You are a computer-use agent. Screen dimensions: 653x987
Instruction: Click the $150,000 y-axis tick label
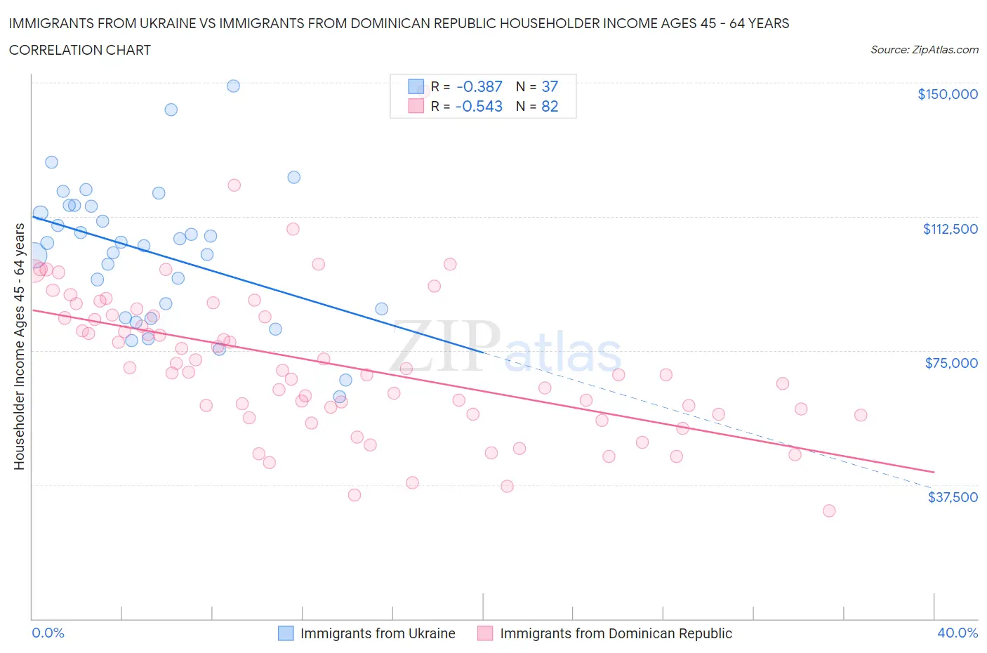tap(947, 94)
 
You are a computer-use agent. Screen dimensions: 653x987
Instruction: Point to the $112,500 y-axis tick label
tap(950, 229)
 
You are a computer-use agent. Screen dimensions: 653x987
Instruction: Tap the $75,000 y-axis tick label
tap(950, 363)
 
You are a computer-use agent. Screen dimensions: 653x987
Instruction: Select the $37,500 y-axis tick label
tap(952, 497)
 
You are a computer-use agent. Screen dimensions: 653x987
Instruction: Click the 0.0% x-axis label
tap(48, 633)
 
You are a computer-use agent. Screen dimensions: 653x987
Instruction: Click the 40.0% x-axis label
tap(958, 633)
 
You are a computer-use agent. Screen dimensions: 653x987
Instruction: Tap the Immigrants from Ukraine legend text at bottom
tap(378, 633)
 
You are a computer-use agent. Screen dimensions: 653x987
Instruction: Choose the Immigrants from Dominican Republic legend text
tap(616, 633)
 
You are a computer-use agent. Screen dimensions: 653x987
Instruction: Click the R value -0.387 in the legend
tap(479, 86)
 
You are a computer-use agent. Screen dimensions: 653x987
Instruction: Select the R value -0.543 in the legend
tap(479, 106)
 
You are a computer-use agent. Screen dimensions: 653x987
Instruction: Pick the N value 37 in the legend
tap(550, 86)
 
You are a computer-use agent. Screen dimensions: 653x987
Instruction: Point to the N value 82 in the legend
tap(550, 106)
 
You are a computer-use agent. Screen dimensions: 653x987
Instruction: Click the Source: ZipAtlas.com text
tap(924, 50)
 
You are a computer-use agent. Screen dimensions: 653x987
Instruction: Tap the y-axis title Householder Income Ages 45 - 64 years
tap(19, 346)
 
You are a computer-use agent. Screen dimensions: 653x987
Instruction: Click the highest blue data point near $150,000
tap(233, 86)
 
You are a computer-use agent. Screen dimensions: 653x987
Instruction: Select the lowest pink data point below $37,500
tap(829, 510)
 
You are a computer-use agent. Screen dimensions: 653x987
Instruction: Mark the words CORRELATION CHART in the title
tap(80, 50)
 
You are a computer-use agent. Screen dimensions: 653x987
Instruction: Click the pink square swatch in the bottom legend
tap(485, 633)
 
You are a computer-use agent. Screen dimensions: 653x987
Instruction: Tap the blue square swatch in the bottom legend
tap(286, 633)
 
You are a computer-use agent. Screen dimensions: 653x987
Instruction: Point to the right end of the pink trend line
tap(934, 471)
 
